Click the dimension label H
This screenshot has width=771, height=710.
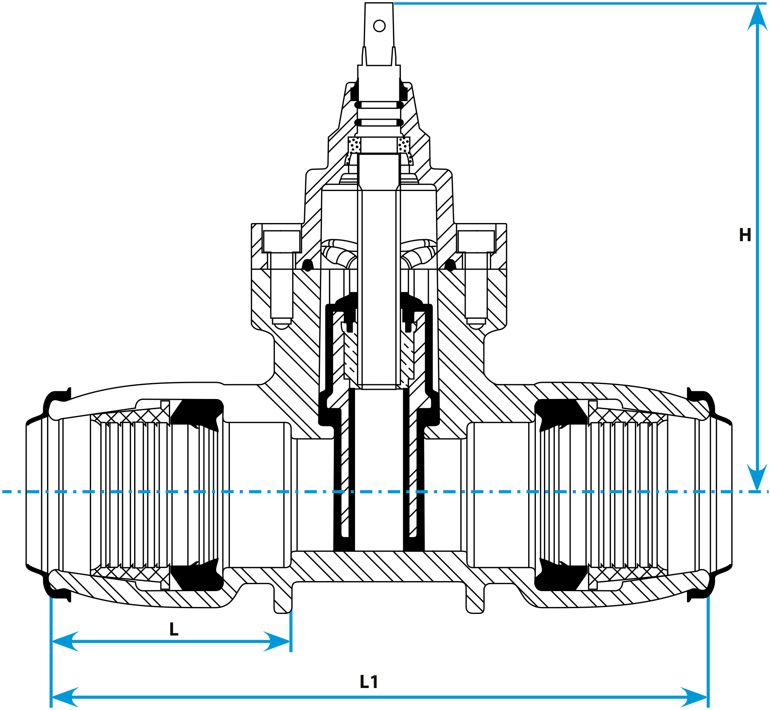click(745, 235)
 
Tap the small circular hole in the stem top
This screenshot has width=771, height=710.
click(379, 26)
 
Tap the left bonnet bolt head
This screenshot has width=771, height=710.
click(282, 241)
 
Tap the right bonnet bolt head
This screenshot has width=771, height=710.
click(476, 241)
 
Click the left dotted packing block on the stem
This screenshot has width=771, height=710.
click(354, 145)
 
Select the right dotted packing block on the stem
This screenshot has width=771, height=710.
click(404, 145)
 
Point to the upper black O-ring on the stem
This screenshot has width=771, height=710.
click(379, 105)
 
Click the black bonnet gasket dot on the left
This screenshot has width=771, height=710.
click(307, 265)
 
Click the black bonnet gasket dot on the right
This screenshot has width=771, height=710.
click(450, 265)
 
